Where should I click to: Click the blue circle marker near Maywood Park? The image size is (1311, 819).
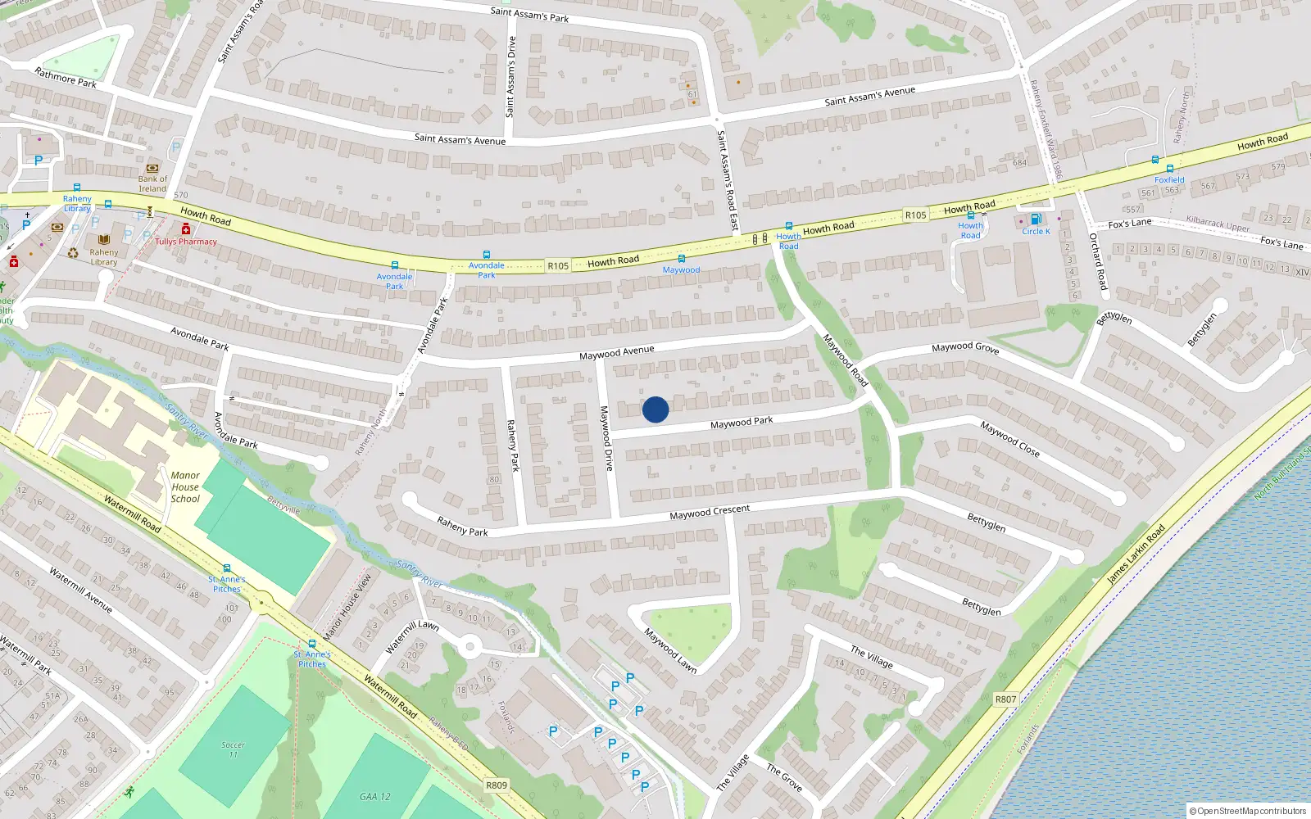(x=655, y=409)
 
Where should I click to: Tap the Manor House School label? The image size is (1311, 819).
(x=185, y=486)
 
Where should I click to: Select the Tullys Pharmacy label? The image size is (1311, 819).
(x=186, y=242)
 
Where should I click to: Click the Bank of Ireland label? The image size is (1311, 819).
(x=152, y=183)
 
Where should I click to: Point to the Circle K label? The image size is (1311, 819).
(x=1036, y=232)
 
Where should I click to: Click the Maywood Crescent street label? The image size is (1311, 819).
(x=710, y=512)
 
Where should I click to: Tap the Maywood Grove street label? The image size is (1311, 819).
(x=965, y=347)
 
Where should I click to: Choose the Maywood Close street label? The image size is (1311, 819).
(x=1009, y=439)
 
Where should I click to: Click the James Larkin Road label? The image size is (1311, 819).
(x=1136, y=554)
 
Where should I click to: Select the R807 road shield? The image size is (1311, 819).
(x=1005, y=699)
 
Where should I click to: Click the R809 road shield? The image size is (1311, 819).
(x=497, y=785)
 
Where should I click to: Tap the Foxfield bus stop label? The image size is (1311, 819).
(x=1169, y=180)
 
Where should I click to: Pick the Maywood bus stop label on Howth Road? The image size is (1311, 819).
(x=681, y=269)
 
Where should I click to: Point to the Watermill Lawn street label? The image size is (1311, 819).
(x=412, y=636)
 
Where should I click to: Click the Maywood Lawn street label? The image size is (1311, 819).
(x=670, y=650)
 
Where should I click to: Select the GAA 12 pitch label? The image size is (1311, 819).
(x=375, y=796)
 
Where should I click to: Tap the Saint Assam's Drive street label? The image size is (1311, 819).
(x=511, y=76)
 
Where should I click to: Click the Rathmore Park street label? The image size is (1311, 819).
(x=66, y=78)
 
